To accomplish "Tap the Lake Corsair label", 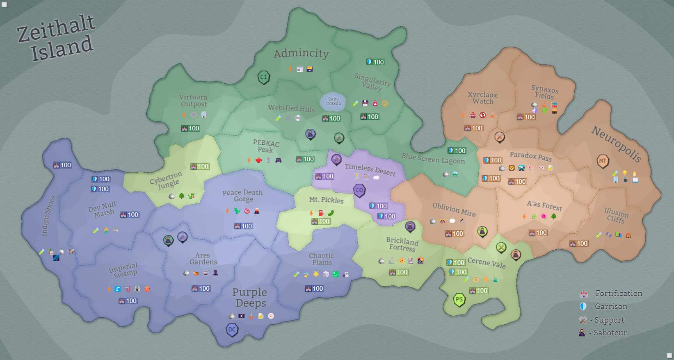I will pyautogui.click(x=334, y=101).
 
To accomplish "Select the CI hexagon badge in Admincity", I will pyautogui.click(x=263, y=77).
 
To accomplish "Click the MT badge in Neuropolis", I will pyautogui.click(x=602, y=161).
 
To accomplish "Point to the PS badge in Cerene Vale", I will pyautogui.click(x=459, y=299).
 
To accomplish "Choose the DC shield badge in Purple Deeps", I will pyautogui.click(x=232, y=329).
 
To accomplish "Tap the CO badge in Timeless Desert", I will pyautogui.click(x=359, y=190).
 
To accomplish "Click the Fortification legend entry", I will pyautogui.click(x=611, y=294).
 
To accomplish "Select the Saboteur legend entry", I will pyautogui.click(x=603, y=333).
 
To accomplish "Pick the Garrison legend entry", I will pyautogui.click(x=604, y=307).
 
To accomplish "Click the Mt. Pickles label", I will pyautogui.click(x=326, y=200).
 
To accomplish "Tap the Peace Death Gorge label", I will pyautogui.click(x=242, y=196).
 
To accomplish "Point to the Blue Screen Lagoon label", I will pyautogui.click(x=433, y=158).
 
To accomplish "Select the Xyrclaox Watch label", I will pyautogui.click(x=483, y=98).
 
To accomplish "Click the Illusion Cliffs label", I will pyautogui.click(x=616, y=215).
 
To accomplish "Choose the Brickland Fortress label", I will pyautogui.click(x=402, y=244).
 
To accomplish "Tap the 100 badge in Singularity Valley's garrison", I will pyautogui.click(x=375, y=62).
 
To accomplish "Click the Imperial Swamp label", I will pyautogui.click(x=123, y=270).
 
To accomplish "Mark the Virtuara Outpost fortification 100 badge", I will pyautogui.click(x=190, y=128).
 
